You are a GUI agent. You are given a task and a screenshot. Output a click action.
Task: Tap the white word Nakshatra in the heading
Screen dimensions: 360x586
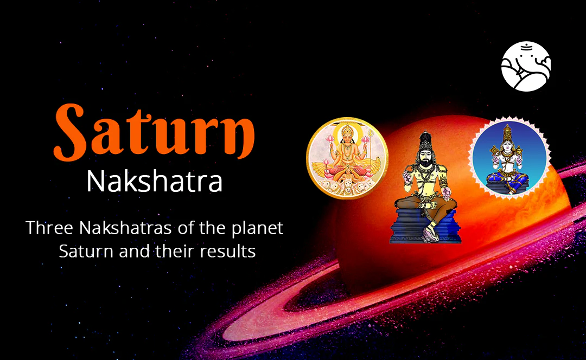(155, 182)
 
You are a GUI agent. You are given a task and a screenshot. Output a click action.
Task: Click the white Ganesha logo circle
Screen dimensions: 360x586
(526, 66)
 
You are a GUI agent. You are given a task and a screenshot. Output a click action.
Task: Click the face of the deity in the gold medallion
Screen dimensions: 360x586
(347, 138)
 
